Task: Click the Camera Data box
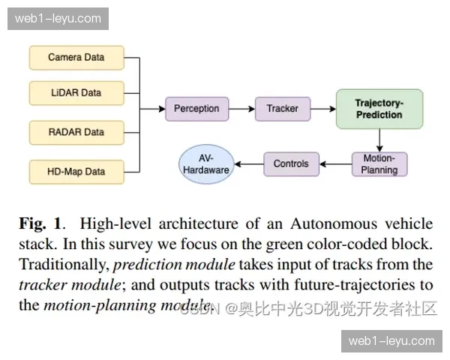click(x=76, y=57)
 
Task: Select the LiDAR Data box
click(x=76, y=93)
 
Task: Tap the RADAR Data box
click(x=76, y=132)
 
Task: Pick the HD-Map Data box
click(x=76, y=172)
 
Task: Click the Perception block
click(x=196, y=109)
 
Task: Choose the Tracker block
click(x=282, y=109)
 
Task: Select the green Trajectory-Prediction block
click(x=379, y=109)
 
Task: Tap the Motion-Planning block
click(x=379, y=163)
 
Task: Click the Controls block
click(x=291, y=163)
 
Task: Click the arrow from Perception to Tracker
click(x=241, y=109)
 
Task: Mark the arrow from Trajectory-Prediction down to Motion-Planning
click(x=379, y=139)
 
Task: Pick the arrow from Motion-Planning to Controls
click(x=335, y=163)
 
